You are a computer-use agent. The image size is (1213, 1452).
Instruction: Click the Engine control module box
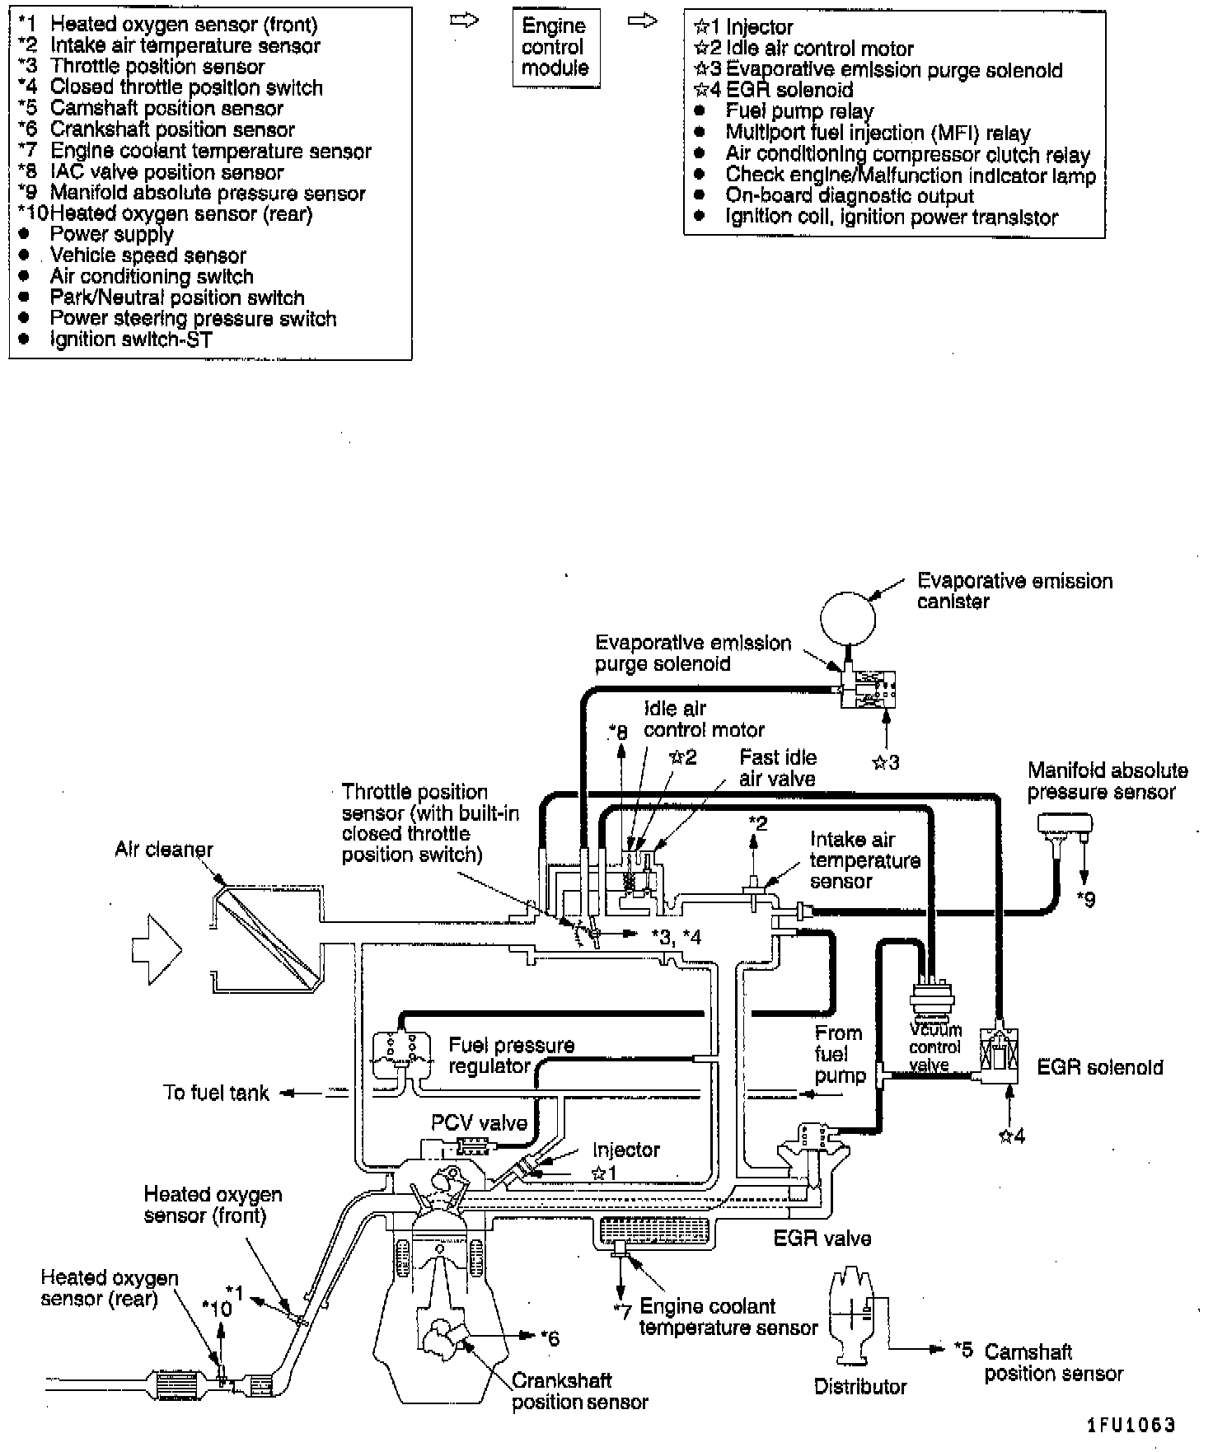pos(555,48)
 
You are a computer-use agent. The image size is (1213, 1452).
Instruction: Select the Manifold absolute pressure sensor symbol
pos(1065,823)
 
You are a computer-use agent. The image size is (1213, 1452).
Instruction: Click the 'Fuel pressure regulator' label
pos(511,1056)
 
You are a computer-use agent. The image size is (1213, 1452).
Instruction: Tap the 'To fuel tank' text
pos(216,1094)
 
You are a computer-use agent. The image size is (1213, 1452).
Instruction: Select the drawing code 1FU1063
pos(1130,1425)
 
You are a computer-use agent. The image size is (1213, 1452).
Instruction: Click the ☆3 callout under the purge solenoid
pos(885,762)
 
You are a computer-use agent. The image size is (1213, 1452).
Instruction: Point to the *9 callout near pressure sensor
pos(1086,899)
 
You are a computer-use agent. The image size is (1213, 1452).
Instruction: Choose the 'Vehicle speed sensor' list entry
pos(148,255)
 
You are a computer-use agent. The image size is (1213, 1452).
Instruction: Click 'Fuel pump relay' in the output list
pos(799,111)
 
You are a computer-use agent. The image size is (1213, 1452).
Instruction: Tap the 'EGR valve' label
pos(822,1239)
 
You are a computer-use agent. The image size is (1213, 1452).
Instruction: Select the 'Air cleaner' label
pos(164,850)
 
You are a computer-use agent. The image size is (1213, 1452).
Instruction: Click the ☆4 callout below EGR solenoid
pos(1012,1136)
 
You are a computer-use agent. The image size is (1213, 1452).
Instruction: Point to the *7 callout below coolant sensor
pos(621,1309)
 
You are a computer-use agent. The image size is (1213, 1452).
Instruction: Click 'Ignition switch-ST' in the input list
pos(131,340)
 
